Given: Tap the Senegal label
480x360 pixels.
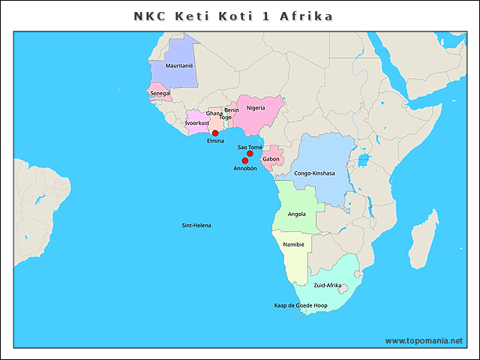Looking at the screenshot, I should click(x=160, y=93).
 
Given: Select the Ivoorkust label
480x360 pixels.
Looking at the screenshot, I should click(x=196, y=123).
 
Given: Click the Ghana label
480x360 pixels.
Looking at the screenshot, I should click(x=214, y=113).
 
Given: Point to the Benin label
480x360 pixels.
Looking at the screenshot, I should click(x=231, y=109).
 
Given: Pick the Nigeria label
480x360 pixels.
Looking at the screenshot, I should click(x=256, y=108).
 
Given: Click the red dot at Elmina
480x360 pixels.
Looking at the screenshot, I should click(x=215, y=133).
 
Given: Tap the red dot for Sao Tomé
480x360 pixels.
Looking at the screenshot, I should click(x=250, y=154).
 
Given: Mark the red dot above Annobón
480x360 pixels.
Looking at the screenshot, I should click(x=244, y=160).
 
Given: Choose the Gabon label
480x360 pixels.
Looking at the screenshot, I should click(x=271, y=159).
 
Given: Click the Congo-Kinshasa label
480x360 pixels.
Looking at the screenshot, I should click(x=314, y=173).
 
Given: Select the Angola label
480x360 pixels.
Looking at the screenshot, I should click(x=296, y=214).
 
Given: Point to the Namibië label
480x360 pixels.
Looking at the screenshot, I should click(x=293, y=245).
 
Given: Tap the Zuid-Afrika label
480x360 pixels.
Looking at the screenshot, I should click(x=328, y=286).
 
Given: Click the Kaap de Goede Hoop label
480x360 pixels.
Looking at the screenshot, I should click(x=301, y=306).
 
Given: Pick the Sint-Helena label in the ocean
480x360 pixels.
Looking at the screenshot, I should click(x=196, y=225).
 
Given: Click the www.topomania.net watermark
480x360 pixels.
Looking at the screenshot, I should click(x=424, y=340).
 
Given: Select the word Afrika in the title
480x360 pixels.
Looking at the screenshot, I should click(x=306, y=16).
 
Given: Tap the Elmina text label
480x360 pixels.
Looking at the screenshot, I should click(x=215, y=142).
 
